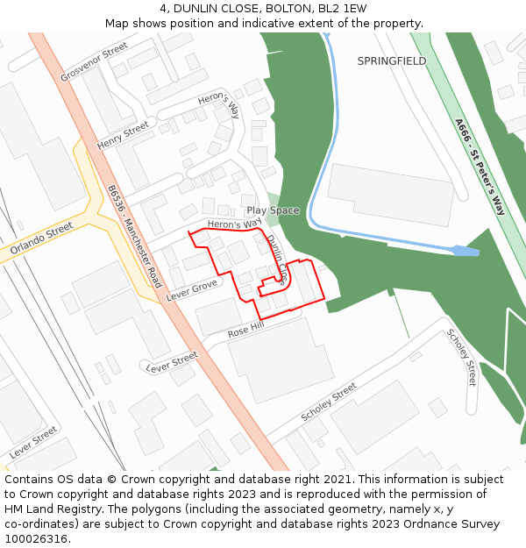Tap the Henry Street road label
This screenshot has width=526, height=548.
click(x=123, y=135)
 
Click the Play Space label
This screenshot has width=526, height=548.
click(x=273, y=210)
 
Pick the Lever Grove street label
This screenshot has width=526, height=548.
click(x=192, y=290)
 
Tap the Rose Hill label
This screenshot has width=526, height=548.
click(x=245, y=331)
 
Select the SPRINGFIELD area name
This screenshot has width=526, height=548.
click(x=391, y=61)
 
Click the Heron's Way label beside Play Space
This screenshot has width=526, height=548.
click(x=235, y=224)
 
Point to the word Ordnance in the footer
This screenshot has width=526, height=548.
click(x=422, y=524)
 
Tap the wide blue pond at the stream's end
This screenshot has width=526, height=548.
click(x=465, y=251)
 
